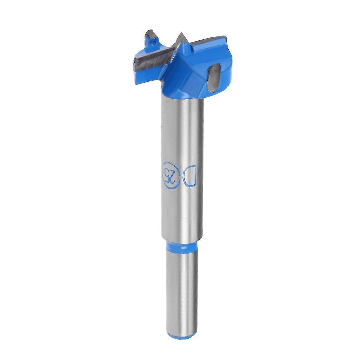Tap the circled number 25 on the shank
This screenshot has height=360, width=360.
(170, 174)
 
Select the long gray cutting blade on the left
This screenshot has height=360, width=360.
(152, 58)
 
